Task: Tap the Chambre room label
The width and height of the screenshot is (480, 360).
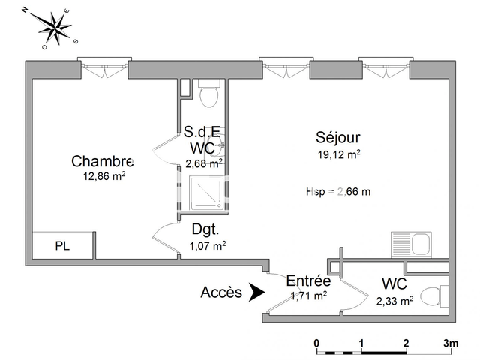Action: point(103,161)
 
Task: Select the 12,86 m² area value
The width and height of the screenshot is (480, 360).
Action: point(104,177)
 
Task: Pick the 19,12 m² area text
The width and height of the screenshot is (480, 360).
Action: point(337,155)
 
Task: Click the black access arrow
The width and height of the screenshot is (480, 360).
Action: point(256,292)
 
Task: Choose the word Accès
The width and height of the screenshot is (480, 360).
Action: point(221,292)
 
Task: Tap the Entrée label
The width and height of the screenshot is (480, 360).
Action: point(308,280)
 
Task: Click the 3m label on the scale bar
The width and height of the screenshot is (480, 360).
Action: point(451,343)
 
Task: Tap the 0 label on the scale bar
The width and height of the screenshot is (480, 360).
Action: point(317,343)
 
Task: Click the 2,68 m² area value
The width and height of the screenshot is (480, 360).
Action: point(204,163)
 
